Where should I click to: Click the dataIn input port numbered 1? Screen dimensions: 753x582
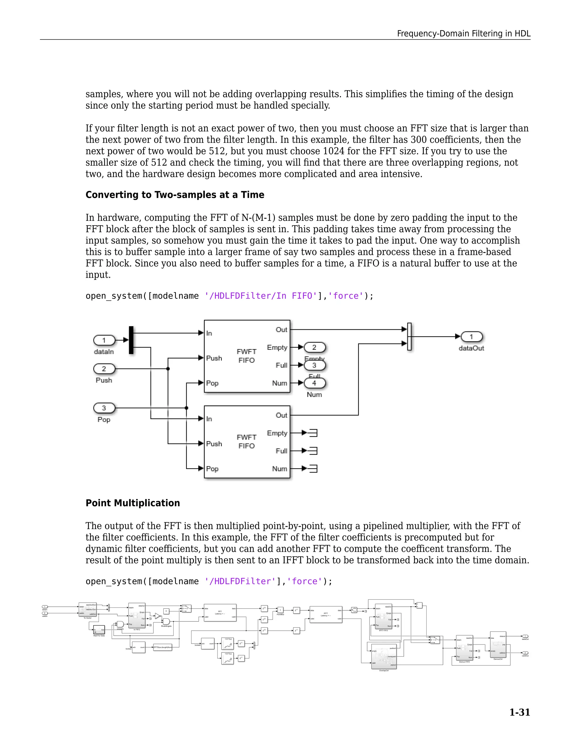point(104,340)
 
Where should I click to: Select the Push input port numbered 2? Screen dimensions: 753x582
point(104,369)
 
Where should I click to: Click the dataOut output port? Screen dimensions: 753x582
point(471,337)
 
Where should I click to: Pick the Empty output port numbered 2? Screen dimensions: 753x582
point(315,347)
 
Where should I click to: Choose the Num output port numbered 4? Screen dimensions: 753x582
point(315,383)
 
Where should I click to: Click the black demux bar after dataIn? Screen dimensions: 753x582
point(131,340)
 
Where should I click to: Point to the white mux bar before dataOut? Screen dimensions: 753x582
point(409,336)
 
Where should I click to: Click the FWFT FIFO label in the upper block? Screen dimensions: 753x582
point(246,356)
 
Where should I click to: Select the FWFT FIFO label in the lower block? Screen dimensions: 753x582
point(246,441)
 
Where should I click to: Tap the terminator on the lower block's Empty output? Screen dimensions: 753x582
point(313,433)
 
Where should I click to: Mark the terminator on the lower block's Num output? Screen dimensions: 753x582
point(313,469)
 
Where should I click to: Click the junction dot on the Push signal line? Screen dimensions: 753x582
point(168,369)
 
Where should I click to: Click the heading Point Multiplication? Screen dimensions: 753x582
point(133,503)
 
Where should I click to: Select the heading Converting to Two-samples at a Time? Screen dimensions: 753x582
point(175,195)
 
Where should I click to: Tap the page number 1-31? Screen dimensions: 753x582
point(519,712)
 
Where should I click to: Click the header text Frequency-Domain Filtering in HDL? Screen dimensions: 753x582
point(463,34)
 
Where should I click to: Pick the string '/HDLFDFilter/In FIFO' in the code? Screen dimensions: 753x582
point(260,296)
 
